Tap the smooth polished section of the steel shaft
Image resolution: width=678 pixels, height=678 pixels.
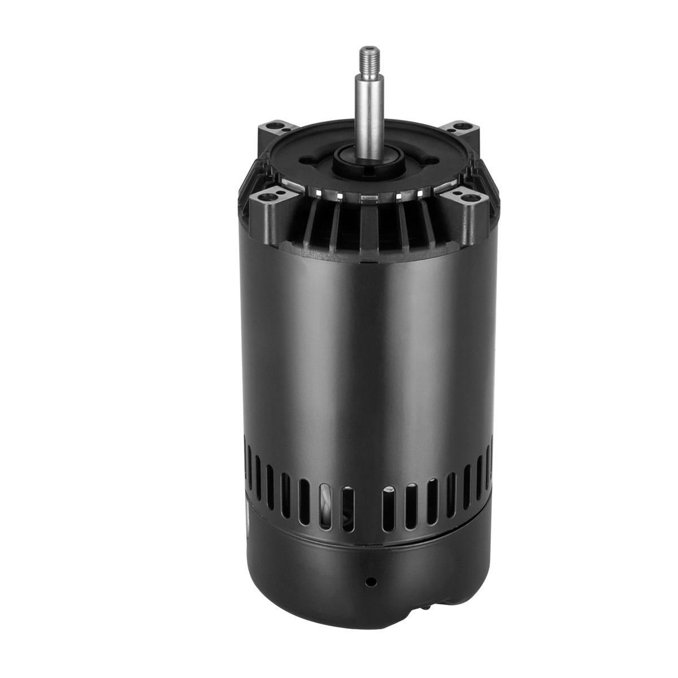365,107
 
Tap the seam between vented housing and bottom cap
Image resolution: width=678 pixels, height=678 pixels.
367,541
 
